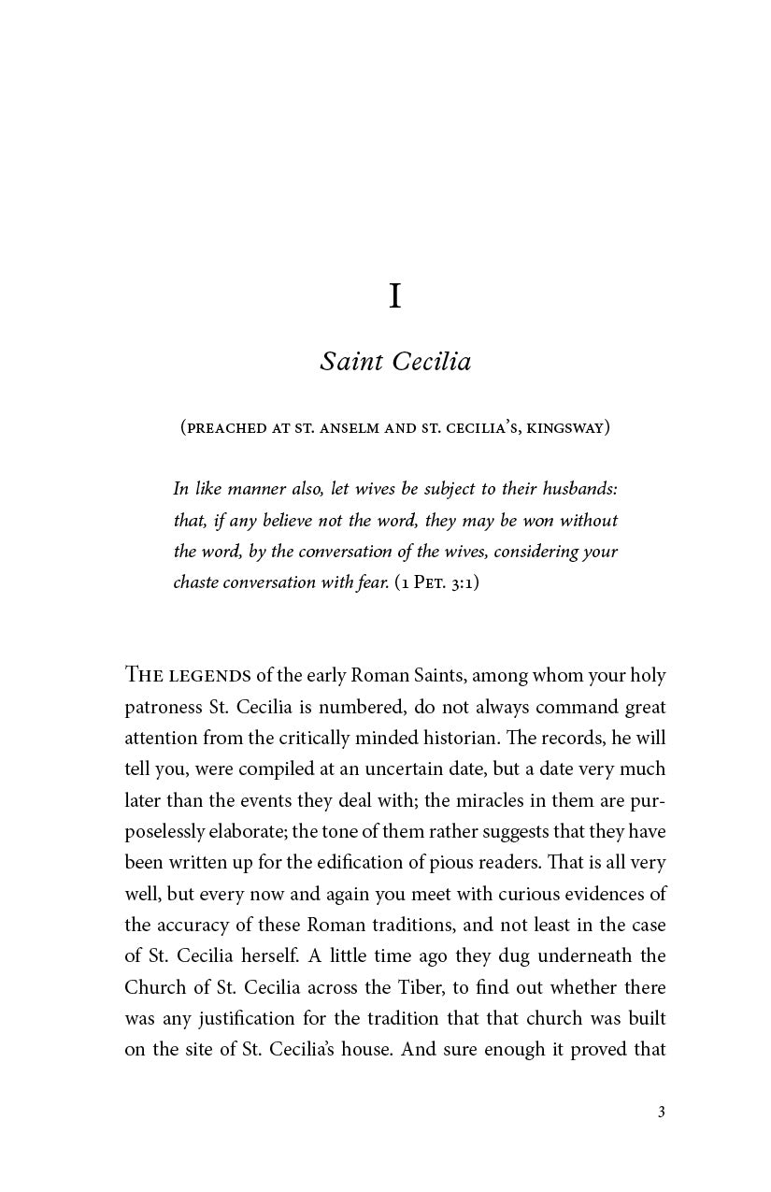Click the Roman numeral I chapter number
pos(395,296)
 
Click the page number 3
pos(661,1112)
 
